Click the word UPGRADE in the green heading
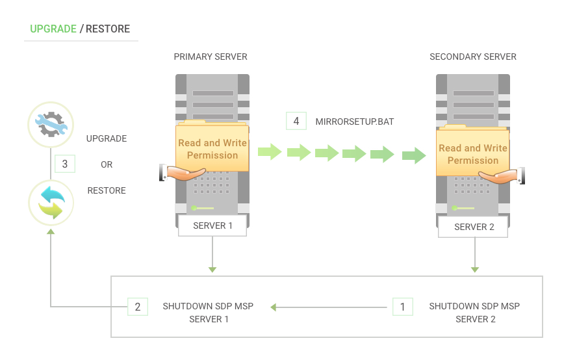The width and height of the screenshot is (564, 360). (53, 29)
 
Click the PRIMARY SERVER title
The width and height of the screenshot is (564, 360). (211, 57)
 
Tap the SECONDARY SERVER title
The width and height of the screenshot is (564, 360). (473, 57)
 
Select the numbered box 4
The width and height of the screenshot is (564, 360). (296, 121)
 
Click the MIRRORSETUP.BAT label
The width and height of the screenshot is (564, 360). (355, 122)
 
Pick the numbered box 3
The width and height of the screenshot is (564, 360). (65, 164)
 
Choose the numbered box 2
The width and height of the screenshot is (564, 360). (138, 307)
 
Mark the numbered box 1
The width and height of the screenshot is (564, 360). (402, 307)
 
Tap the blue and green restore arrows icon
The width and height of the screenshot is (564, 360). (51, 202)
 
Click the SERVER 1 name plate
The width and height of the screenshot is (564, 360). (212, 226)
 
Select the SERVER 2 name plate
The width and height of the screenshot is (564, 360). (474, 227)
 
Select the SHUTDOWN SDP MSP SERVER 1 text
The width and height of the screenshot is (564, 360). (209, 313)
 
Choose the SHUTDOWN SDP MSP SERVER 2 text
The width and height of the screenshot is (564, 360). (474, 313)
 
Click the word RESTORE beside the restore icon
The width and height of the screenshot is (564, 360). (107, 191)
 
